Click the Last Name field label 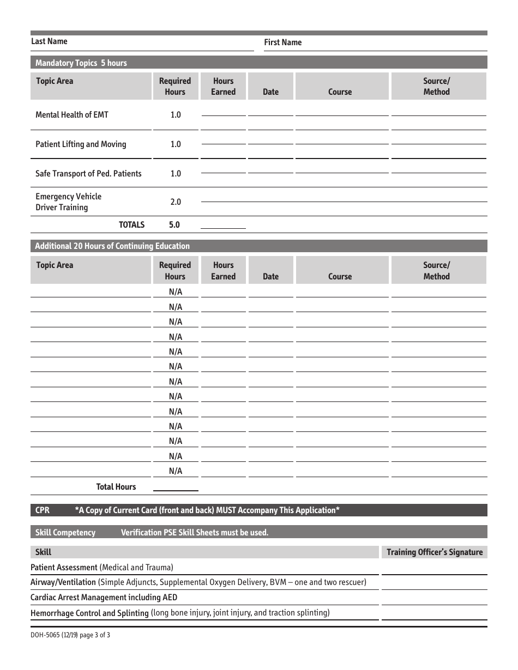(49, 41)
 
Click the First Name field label (282, 42)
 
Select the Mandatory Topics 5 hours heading (81, 63)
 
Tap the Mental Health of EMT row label (72, 115)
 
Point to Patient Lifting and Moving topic (81, 144)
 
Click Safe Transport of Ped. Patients (88, 174)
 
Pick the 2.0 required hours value (175, 202)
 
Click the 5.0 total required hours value (175, 225)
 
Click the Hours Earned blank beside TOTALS (223, 226)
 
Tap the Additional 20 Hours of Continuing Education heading (112, 246)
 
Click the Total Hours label (116, 487)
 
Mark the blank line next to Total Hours (175, 488)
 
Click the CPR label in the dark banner (43, 510)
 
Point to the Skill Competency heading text (65, 533)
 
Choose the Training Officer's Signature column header (435, 552)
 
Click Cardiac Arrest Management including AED (104, 598)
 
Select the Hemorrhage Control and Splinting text (89, 613)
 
